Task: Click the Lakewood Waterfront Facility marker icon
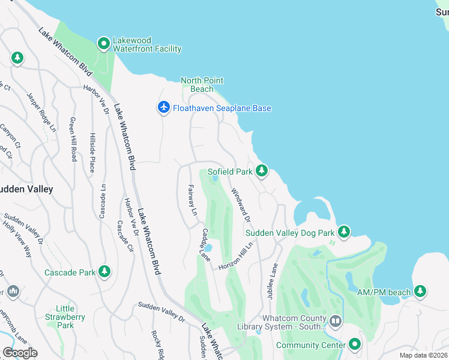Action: (104, 44)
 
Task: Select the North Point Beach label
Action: (202, 85)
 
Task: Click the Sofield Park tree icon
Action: (262, 171)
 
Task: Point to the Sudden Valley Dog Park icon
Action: (343, 232)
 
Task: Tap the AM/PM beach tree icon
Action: (420, 292)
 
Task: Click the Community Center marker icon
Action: (355, 344)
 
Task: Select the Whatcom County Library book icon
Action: (335, 322)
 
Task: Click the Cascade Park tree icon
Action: (105, 272)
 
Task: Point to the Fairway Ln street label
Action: (192, 200)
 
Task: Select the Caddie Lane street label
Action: (206, 244)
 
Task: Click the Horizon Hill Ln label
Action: (236, 256)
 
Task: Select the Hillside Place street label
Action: (92, 152)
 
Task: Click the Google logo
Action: (20, 352)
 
